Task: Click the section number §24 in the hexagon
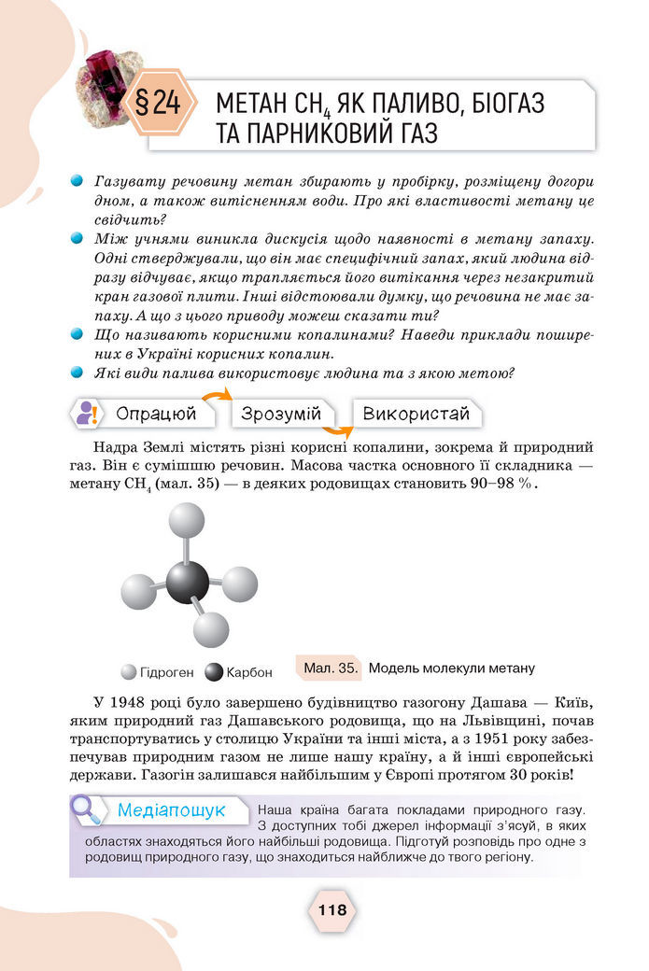click(x=160, y=104)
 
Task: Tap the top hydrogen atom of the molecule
click(x=186, y=521)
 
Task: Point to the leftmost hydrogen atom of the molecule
click(x=138, y=590)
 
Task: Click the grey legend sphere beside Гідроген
click(x=129, y=671)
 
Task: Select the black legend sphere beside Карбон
click(x=214, y=671)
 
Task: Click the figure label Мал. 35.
click(x=331, y=668)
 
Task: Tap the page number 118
click(x=332, y=908)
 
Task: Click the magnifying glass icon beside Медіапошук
click(x=87, y=809)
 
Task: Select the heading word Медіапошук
click(x=171, y=809)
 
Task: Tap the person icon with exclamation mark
click(x=88, y=413)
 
